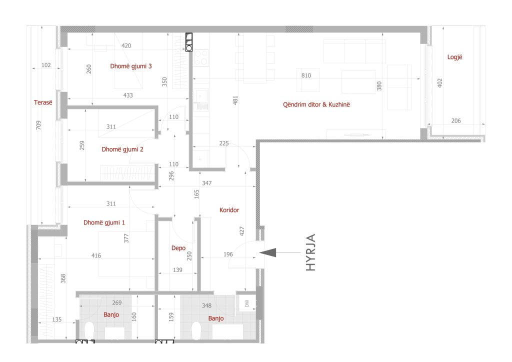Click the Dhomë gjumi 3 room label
[x=130, y=66]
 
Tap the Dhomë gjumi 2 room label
[x=122, y=149]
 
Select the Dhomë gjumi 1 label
[x=104, y=222]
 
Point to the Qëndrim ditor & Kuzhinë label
[x=316, y=104]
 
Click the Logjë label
[x=454, y=57]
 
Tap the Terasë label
[x=43, y=102]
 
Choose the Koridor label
[x=229, y=210]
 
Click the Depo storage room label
[x=178, y=248]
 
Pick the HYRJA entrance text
[x=310, y=252]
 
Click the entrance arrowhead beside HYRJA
[x=268, y=252]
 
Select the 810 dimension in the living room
[x=306, y=75]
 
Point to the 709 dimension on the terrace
[x=38, y=125]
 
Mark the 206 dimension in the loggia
[x=456, y=121]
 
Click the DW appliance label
[x=247, y=303]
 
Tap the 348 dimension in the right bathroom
[x=206, y=305]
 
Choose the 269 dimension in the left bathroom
[x=116, y=302]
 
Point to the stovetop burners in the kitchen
[x=201, y=57]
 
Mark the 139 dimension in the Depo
[x=177, y=270]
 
